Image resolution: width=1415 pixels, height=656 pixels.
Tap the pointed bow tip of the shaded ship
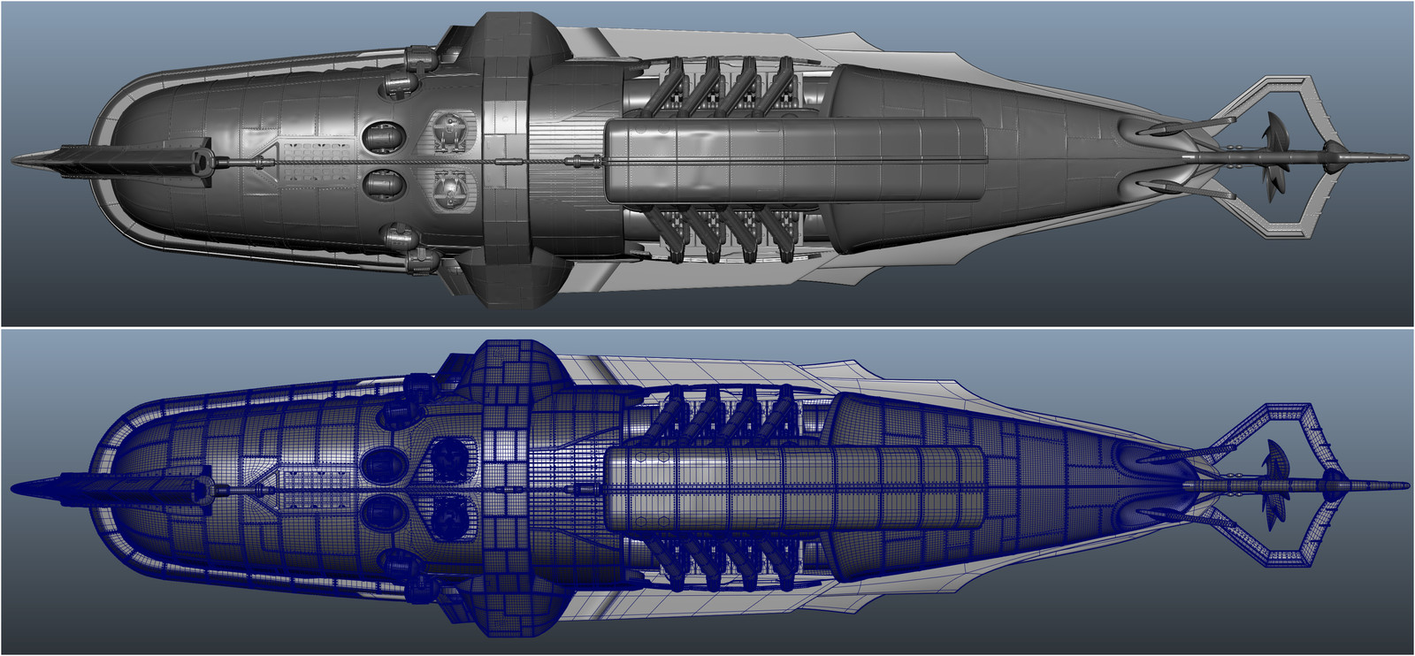[16, 161]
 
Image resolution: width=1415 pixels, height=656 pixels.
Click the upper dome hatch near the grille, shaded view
[382, 135]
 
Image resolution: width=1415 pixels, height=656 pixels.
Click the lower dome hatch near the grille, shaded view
[382, 184]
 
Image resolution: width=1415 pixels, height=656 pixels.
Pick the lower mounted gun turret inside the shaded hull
[450, 187]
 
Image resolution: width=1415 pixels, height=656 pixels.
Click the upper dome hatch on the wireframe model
[382, 462]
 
